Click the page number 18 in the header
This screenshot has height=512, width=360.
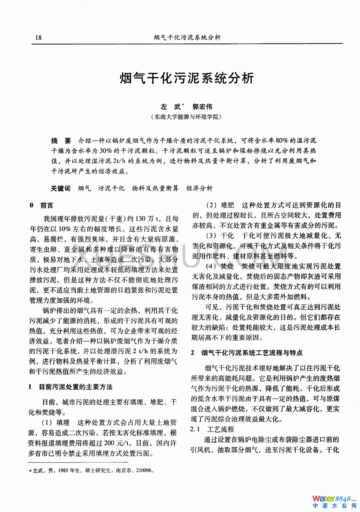[38, 37]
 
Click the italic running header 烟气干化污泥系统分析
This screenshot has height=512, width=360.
[187, 37]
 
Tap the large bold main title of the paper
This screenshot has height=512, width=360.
[187, 78]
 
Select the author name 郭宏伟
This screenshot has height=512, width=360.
[203, 107]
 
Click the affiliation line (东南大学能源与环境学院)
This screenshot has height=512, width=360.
[187, 117]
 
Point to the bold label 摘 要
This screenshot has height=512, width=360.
[61, 141]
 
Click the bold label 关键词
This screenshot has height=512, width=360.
[60, 188]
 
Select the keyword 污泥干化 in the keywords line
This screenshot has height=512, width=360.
[111, 188]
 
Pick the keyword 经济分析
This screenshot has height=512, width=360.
[199, 188]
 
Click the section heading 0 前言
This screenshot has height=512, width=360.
[42, 205]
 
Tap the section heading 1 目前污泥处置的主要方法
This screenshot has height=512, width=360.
[71, 387]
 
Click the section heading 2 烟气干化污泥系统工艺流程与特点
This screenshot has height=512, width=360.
[246, 353]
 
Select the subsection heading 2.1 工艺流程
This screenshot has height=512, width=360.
[212, 429]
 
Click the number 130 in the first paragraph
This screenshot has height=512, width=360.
[141, 219]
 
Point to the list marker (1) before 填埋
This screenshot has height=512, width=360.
[47, 423]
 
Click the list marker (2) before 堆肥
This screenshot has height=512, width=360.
[212, 205]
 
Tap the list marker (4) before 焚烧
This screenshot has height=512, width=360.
[211, 266]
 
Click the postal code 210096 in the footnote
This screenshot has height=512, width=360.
[144, 470]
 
